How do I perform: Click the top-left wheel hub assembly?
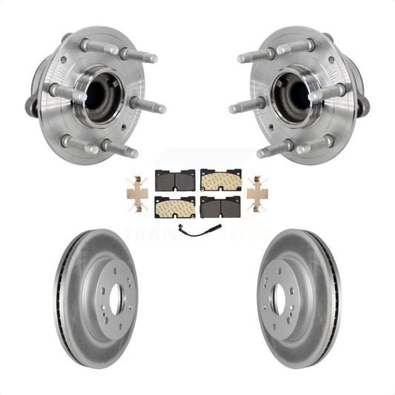pyautogui.click(x=93, y=93)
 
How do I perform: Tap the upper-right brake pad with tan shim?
pyautogui.click(x=220, y=179)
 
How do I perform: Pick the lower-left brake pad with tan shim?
pyautogui.click(x=174, y=207)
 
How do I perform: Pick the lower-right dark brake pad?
pyautogui.click(x=220, y=208)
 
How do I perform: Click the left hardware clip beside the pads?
pyautogui.click(x=138, y=193)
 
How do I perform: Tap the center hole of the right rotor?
pyautogui.click(x=279, y=298)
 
